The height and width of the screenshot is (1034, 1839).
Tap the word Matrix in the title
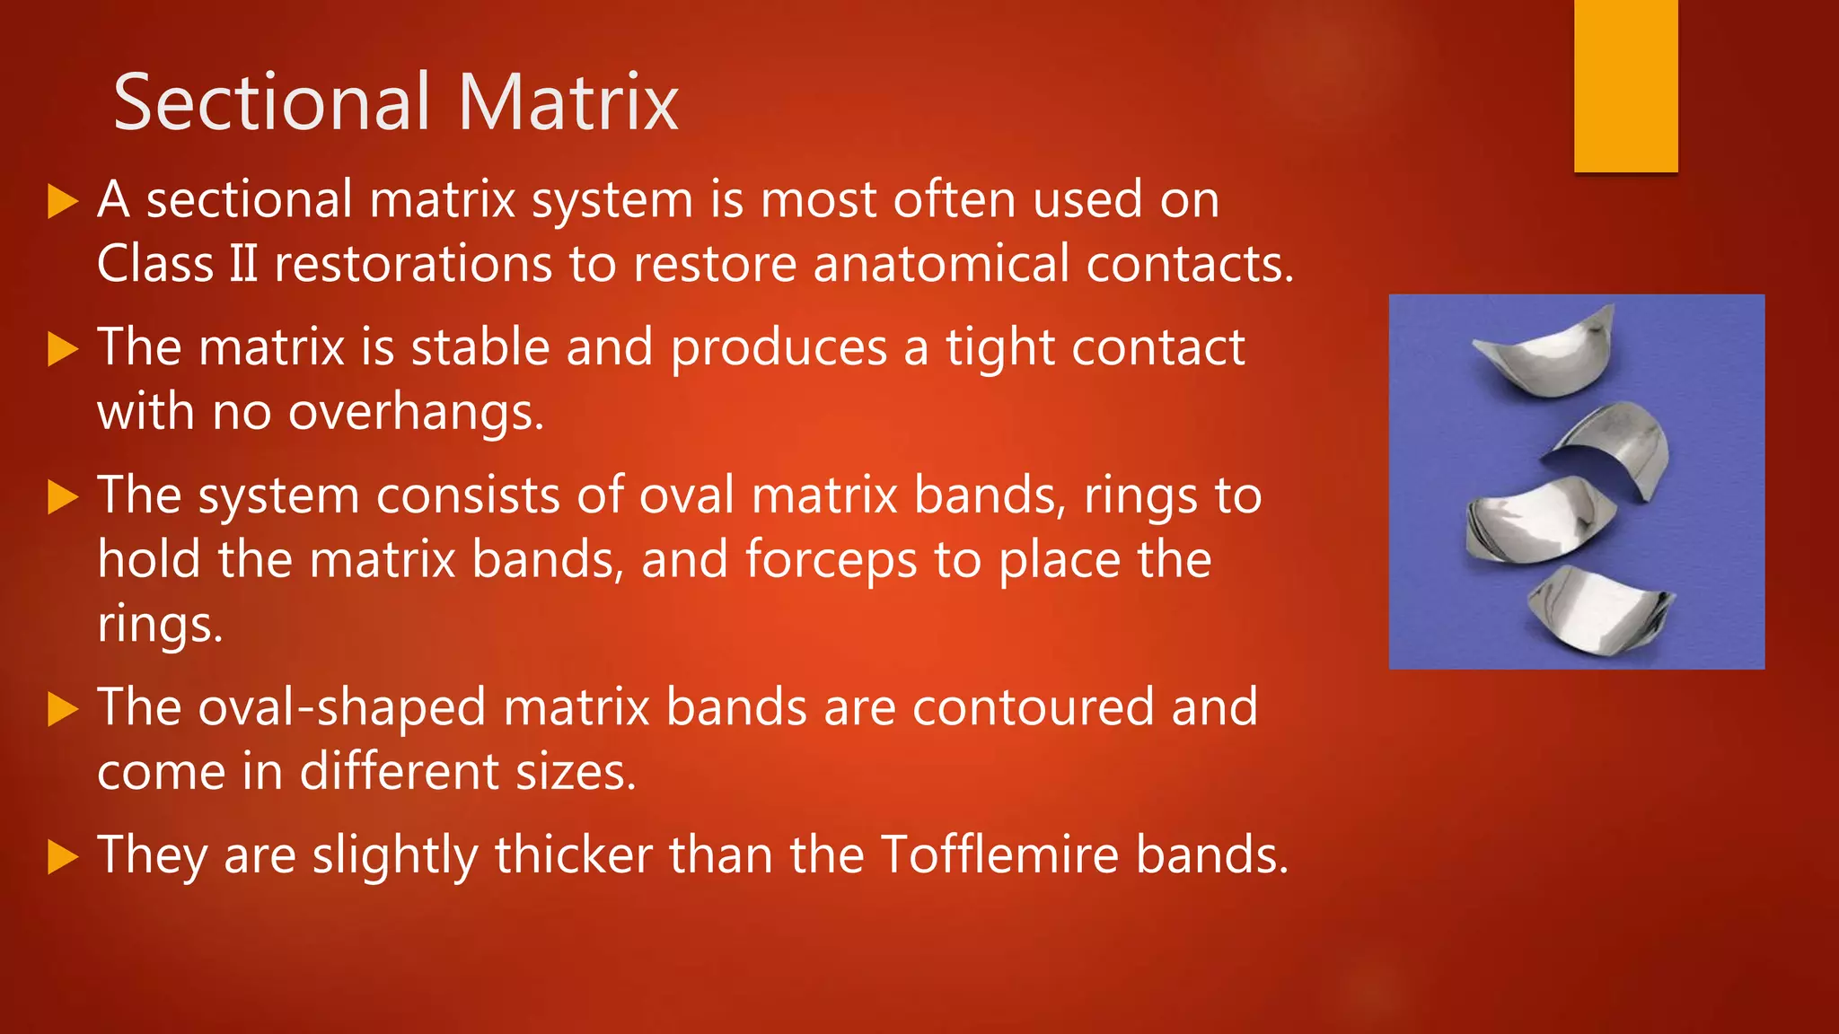[x=568, y=103]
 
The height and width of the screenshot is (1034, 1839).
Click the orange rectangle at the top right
[x=1625, y=85]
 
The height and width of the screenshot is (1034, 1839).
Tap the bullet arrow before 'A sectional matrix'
[x=62, y=201]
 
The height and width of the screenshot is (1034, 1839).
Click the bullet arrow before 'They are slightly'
[x=62, y=856]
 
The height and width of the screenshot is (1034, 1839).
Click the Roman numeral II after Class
[x=243, y=265]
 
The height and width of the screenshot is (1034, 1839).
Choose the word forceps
[x=832, y=560]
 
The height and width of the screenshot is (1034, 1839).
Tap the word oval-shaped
[x=342, y=707]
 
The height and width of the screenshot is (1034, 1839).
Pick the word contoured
[x=1033, y=707]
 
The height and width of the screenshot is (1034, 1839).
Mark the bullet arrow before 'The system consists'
[x=62, y=496]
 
